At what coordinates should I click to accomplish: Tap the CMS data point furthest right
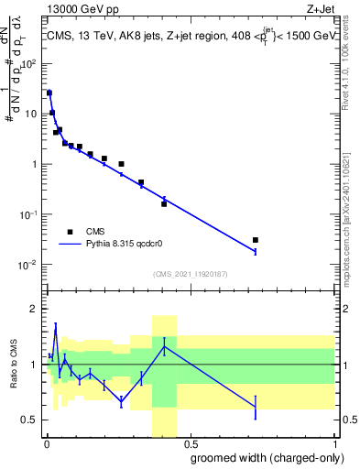256,240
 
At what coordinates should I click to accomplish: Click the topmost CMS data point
49,93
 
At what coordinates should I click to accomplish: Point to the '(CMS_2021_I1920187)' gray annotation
190,274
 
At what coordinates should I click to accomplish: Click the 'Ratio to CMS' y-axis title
12,365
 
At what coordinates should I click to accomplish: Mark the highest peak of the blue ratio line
56,326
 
